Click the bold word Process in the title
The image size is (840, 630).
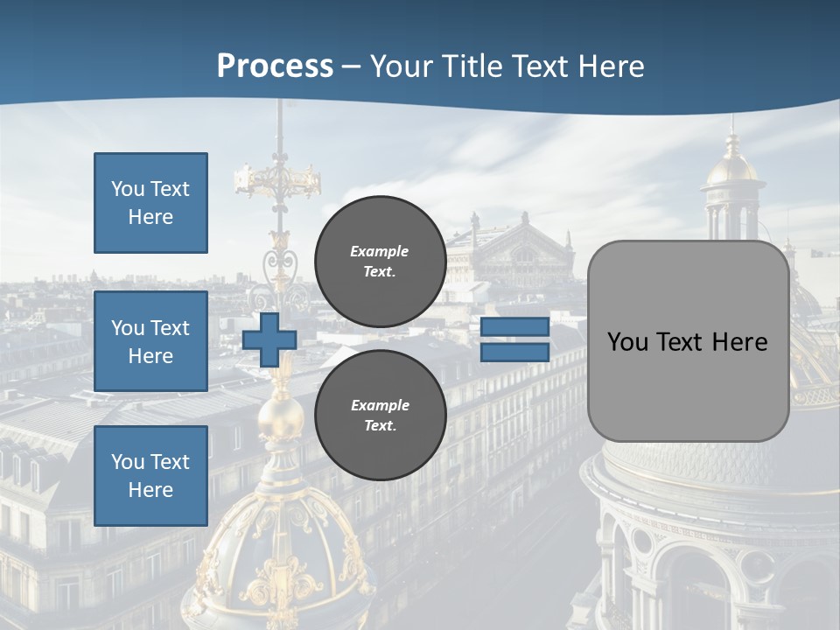(x=275, y=66)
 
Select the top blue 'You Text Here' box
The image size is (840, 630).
(x=150, y=203)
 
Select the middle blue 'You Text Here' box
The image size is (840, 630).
(x=150, y=341)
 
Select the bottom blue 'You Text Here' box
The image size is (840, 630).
(x=150, y=476)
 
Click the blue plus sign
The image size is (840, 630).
(x=269, y=340)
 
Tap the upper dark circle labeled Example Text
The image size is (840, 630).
(x=380, y=262)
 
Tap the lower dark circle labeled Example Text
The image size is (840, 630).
(x=380, y=416)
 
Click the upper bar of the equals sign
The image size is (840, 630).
(x=514, y=327)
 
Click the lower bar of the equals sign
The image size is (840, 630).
(x=514, y=353)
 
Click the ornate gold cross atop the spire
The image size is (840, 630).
(x=278, y=179)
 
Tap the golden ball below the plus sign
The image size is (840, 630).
(x=280, y=416)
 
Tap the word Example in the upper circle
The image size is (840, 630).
(x=380, y=251)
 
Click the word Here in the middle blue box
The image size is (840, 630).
(x=150, y=356)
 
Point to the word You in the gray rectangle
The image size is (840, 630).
(x=626, y=342)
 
